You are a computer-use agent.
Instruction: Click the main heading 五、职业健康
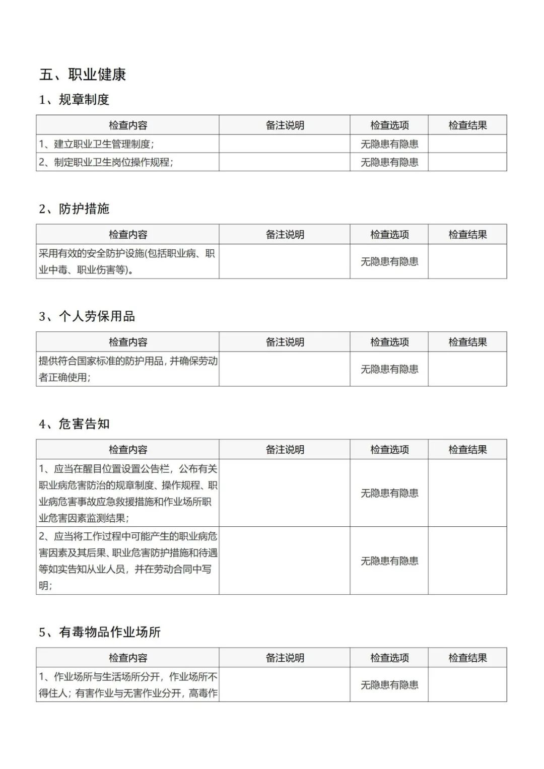83,75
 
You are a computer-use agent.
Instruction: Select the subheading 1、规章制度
74,100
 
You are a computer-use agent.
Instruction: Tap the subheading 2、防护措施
74,208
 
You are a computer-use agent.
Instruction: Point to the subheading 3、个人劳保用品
87,316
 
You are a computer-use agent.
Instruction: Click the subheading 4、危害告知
74,424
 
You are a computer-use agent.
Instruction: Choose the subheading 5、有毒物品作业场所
100,632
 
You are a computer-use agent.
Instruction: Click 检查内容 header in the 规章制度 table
128,125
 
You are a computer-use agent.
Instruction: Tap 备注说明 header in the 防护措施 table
285,235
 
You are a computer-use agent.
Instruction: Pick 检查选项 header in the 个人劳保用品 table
389,342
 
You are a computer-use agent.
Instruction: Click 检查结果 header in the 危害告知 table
467,450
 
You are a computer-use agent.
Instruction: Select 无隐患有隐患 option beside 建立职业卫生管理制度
389,144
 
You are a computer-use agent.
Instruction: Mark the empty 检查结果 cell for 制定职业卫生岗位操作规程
467,162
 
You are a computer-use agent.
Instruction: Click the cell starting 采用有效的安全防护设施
127,261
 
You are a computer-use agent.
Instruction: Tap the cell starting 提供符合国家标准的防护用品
127,369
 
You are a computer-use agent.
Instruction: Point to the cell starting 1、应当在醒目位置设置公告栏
127,493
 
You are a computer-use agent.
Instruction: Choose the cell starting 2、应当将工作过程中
127,561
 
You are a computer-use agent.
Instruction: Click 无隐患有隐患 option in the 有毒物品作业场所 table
389,685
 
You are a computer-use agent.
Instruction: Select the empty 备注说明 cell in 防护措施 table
285,261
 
